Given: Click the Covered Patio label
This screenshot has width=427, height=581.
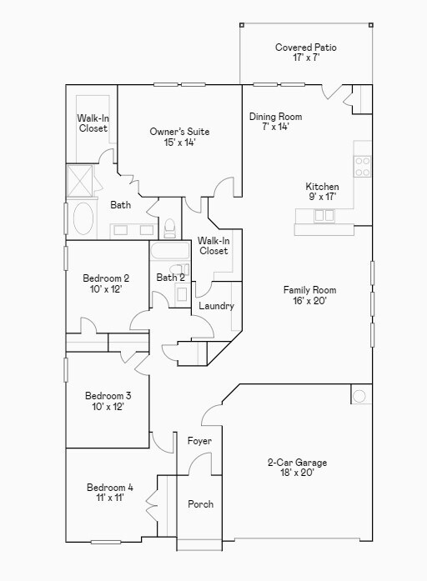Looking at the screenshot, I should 306,48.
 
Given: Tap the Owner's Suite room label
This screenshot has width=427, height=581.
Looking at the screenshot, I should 179,132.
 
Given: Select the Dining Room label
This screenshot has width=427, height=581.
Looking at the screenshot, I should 275,117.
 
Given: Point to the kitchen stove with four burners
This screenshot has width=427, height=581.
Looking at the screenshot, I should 363,167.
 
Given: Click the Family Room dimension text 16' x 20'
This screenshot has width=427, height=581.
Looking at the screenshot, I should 309,301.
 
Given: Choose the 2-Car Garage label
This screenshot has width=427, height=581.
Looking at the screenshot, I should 297,463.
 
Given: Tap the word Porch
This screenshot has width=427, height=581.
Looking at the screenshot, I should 200,504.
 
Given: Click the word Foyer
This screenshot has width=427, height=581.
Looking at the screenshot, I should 199,441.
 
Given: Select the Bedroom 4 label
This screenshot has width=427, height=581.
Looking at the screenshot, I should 109,488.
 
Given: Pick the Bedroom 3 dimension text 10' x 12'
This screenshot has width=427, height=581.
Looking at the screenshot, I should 108,407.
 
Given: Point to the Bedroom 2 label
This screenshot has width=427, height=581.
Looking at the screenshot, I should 106,278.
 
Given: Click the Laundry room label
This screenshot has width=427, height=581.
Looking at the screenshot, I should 216,306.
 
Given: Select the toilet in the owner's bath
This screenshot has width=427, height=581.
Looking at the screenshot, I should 170,226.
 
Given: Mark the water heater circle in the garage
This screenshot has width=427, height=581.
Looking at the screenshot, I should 359,396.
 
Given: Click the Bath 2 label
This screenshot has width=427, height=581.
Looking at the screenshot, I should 170,278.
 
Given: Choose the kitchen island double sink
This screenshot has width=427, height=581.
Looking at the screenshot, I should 324,215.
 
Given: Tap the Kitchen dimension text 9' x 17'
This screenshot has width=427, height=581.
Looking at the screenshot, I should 322,198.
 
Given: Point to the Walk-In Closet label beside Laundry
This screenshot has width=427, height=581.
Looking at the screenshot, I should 213,246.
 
